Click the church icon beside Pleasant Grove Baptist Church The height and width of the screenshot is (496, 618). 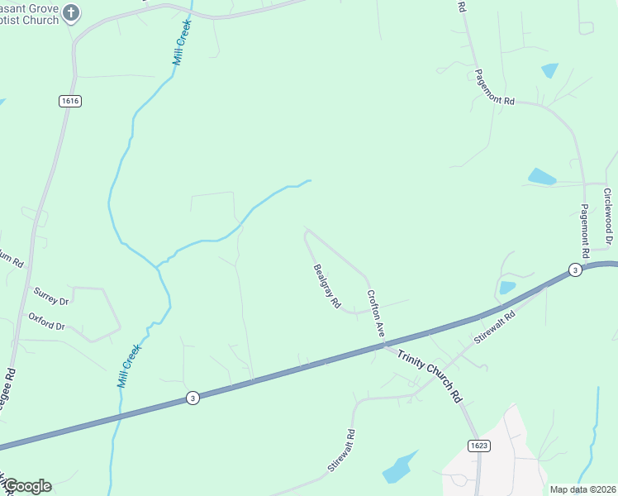(71, 12)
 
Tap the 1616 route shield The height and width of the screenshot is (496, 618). (69, 101)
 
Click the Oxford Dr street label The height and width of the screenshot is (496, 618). (46, 321)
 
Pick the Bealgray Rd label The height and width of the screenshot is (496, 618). (327, 286)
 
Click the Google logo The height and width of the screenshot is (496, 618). (27, 486)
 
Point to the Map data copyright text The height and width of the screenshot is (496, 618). (583, 489)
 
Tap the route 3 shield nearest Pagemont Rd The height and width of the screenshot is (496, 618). (574, 270)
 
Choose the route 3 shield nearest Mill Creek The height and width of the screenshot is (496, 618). (192, 398)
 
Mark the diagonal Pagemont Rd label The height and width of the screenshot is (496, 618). (495, 86)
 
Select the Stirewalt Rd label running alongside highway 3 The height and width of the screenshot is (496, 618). (495, 327)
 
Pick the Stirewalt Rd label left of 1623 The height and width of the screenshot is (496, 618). (341, 451)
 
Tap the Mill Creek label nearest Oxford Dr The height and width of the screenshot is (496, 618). (130, 366)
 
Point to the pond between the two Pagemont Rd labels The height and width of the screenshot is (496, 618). (541, 176)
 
